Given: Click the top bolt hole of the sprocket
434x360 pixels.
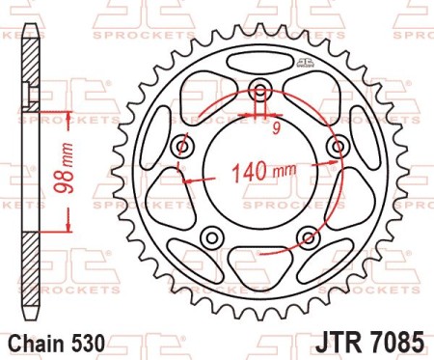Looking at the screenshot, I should pos(260,92).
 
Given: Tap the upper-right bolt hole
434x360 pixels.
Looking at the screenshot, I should pos(337,147).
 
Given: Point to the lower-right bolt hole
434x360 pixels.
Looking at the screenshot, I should pos(308,237).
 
